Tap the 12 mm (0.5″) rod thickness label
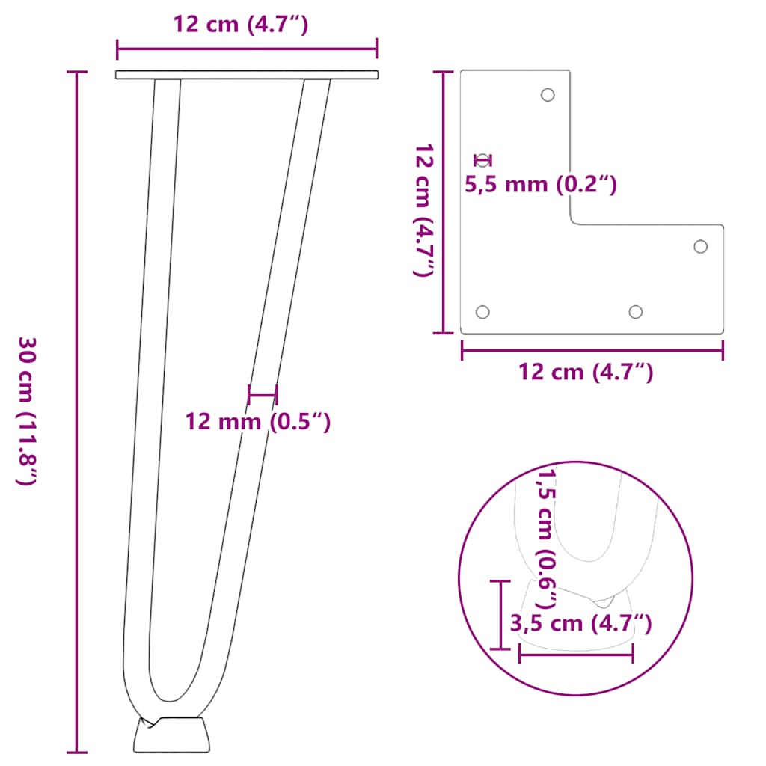click(x=257, y=422)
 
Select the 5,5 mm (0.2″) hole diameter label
click(x=541, y=184)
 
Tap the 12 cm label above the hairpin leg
click(x=241, y=25)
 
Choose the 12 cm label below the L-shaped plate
click(x=586, y=371)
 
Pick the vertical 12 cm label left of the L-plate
click(x=423, y=211)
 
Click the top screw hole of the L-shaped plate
click(x=548, y=95)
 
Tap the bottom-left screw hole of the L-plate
click(x=482, y=312)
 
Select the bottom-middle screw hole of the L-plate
click(x=636, y=312)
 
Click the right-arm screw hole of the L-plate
click(x=701, y=246)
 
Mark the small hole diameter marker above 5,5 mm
click(x=482, y=159)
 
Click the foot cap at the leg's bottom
click(x=171, y=735)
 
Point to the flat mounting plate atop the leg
click(x=247, y=75)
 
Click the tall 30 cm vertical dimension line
click(x=76, y=411)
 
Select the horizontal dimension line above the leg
click(x=247, y=50)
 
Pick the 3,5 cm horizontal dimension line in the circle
click(x=575, y=654)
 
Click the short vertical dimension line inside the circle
click(x=499, y=614)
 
